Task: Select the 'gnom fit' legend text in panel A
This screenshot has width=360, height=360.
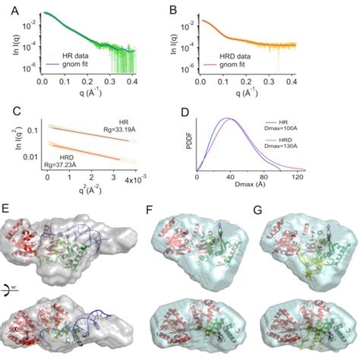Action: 81,65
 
